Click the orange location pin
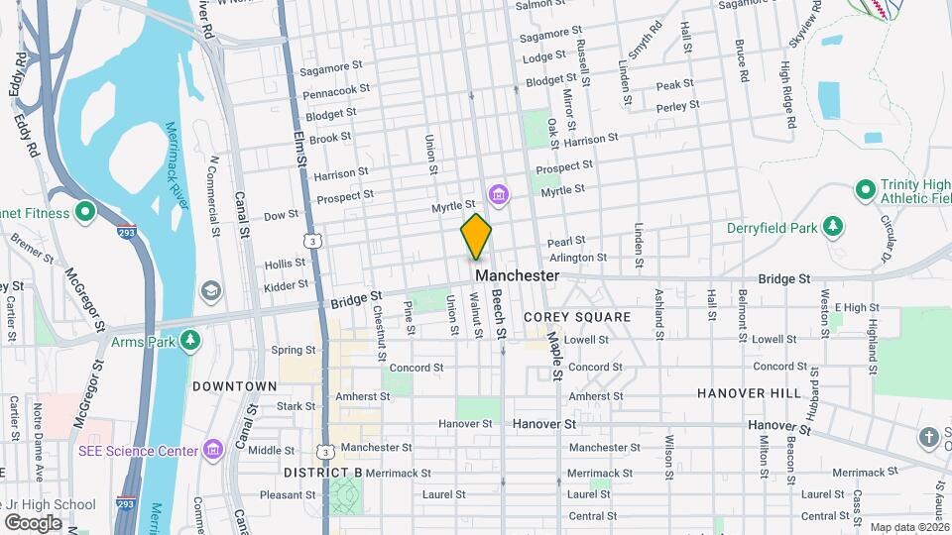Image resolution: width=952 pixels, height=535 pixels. pos(476,237)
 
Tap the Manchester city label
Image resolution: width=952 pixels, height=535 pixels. pos(517,275)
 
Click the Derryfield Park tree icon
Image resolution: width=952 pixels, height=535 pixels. pos(833,228)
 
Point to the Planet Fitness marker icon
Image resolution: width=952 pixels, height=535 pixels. pos(85,212)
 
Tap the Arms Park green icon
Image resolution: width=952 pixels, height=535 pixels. pos(189,342)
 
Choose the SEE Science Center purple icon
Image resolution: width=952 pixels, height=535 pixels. pos(211,451)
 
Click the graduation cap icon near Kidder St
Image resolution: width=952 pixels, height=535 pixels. pos(210,290)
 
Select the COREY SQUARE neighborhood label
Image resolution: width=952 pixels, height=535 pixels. pos(577,317)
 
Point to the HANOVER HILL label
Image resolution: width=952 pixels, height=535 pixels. pos(749,393)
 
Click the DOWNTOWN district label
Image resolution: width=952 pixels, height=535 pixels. pos(234,385)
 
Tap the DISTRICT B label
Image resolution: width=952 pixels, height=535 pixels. pos(323,473)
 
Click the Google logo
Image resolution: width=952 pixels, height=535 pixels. pos(33,522)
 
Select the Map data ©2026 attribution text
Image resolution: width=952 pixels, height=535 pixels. pos(908,527)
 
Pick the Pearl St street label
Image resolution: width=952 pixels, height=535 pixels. pos(566,241)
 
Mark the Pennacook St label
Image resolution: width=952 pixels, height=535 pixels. pos(336,90)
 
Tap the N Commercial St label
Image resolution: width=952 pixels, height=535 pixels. pos(213,196)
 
